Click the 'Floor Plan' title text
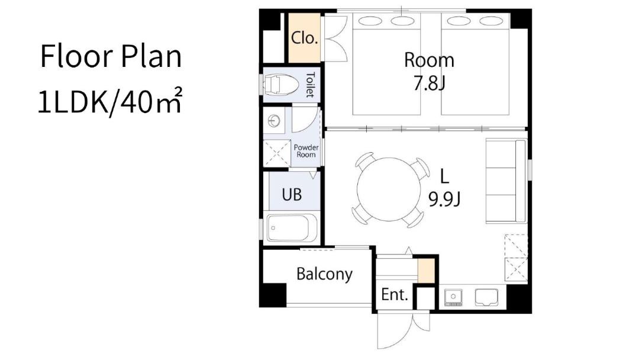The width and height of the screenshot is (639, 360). (x=111, y=56)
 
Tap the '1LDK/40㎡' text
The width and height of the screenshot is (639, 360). (x=110, y=101)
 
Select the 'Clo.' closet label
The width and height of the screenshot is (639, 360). (x=304, y=38)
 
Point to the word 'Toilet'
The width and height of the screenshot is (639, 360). (x=310, y=85)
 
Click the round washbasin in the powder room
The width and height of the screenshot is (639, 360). (x=274, y=121)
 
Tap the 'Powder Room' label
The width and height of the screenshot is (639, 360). (x=306, y=151)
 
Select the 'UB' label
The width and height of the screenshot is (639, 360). (x=292, y=194)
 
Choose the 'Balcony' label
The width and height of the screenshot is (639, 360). (x=324, y=274)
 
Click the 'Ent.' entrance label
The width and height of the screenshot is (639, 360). (x=395, y=294)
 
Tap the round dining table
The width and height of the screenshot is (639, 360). (x=388, y=189)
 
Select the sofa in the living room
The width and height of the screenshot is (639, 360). (x=506, y=181)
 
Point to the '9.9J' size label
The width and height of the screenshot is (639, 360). (x=444, y=199)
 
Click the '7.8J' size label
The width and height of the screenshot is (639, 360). (x=429, y=83)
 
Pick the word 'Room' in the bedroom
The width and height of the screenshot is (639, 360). (x=429, y=60)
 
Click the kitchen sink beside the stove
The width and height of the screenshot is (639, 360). (x=486, y=297)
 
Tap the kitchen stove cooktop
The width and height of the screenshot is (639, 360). (x=453, y=298)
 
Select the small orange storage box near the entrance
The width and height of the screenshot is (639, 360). (x=426, y=271)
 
